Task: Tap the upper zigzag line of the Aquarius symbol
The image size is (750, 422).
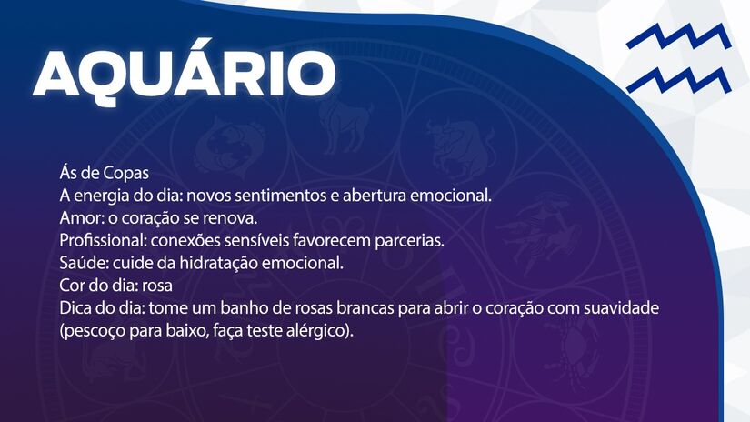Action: pyautogui.click(x=677, y=39)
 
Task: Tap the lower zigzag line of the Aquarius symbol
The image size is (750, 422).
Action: pyautogui.click(x=677, y=80)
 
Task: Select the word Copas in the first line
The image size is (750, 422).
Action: pyautogui.click(x=125, y=173)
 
